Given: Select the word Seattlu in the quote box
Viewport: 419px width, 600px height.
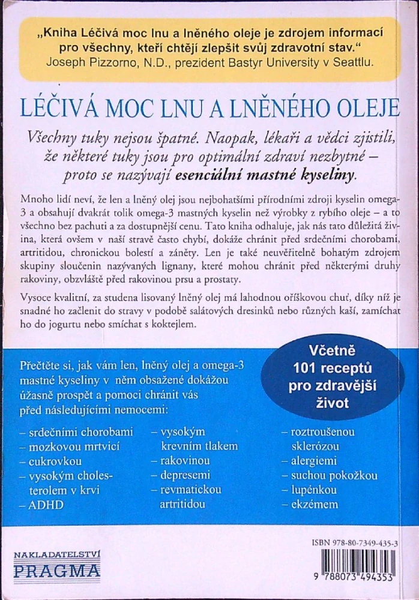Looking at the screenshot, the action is [x=355, y=61].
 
